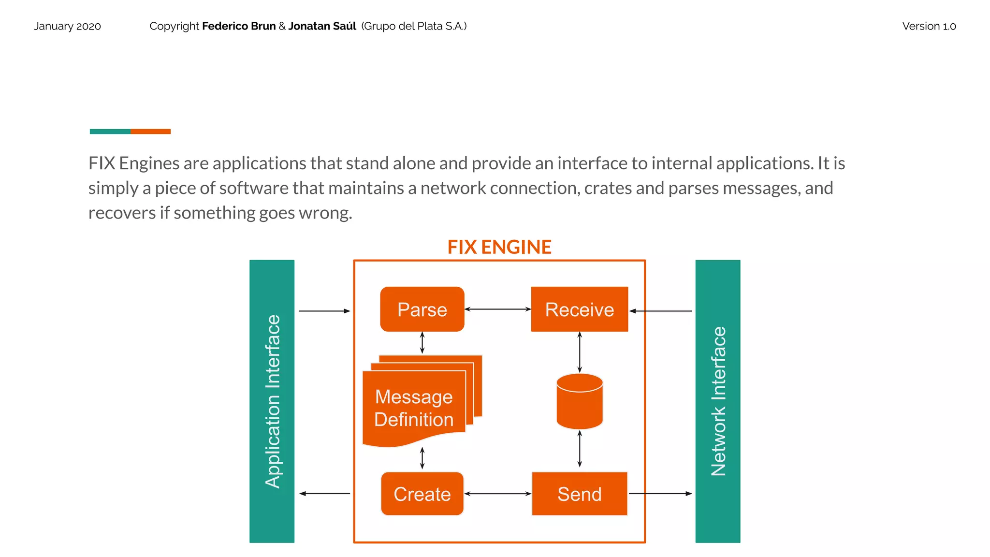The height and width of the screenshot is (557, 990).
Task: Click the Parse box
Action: point(422,309)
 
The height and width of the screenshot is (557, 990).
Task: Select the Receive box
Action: point(579,309)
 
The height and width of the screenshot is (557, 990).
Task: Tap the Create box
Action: point(422,494)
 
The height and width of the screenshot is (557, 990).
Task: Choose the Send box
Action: point(579,494)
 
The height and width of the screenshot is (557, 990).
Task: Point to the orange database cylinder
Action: point(579,402)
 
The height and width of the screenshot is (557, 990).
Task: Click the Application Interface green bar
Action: point(272,401)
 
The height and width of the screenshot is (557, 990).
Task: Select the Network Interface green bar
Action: point(717,401)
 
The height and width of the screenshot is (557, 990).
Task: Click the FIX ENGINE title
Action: point(499,247)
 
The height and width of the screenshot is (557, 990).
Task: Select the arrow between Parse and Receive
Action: point(497,309)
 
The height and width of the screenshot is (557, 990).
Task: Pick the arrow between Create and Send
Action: point(497,494)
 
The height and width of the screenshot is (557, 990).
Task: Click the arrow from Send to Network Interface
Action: point(660,494)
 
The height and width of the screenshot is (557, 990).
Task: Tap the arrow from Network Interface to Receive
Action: point(660,311)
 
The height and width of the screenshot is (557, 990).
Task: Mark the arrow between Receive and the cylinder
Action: point(580,352)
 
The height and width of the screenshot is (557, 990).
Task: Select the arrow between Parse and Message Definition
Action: point(422,343)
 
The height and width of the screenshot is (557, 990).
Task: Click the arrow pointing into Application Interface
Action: point(324,494)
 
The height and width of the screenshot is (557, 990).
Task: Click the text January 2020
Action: point(67,26)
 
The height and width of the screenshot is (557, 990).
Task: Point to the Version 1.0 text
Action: point(929,26)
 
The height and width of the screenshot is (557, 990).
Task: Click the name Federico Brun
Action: point(239,26)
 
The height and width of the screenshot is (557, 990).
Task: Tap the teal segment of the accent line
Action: point(110,132)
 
